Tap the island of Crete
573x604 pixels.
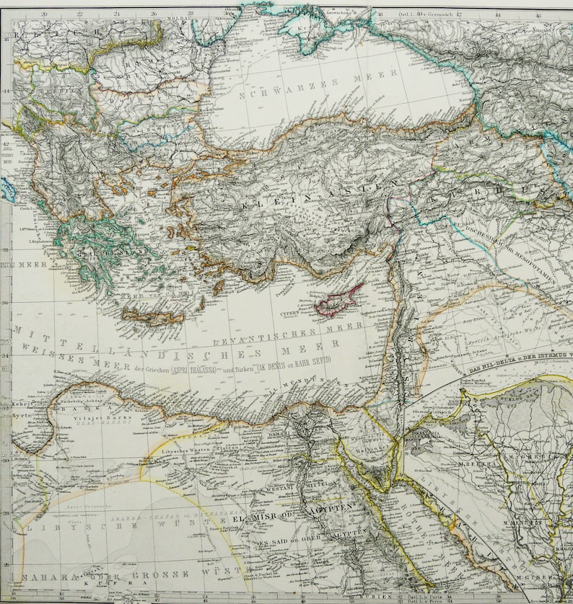click(x=152, y=316)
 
